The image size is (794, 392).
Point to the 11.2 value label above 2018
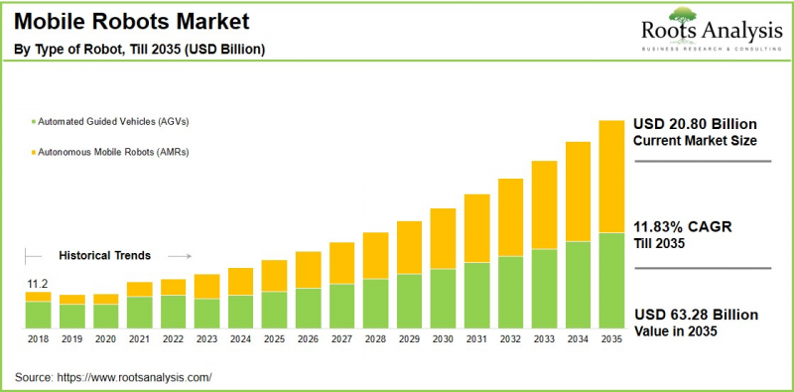click(37, 283)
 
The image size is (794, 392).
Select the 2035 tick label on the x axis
click(611, 339)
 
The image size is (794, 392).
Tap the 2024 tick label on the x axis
click(240, 339)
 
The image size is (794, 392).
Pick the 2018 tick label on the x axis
click(38, 339)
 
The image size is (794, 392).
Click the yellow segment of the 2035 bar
click(611, 176)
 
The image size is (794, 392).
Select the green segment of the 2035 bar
click(611, 280)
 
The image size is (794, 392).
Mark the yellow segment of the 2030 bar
click(444, 238)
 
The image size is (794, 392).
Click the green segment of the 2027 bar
click(341, 306)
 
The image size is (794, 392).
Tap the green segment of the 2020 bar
click(105, 316)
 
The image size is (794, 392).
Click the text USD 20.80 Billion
click(695, 124)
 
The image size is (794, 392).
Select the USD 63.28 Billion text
click(695, 316)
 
